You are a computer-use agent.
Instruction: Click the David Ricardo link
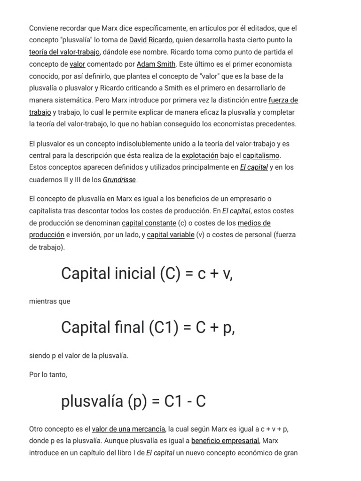[x=151, y=40]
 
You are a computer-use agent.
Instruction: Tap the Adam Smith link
[x=156, y=64]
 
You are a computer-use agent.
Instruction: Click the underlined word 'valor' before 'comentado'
[x=78, y=64]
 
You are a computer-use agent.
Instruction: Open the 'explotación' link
[x=200, y=155]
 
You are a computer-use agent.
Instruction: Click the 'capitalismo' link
[x=261, y=155]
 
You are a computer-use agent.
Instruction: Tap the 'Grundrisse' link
[x=119, y=179]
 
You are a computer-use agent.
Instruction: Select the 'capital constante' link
[x=149, y=223]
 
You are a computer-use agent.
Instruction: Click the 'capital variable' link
[x=171, y=235]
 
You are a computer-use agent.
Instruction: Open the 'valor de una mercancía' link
[x=128, y=429]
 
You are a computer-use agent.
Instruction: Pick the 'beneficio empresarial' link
[x=225, y=441]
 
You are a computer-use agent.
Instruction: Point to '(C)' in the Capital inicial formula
[x=170, y=273]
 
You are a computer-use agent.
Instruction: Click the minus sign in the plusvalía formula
[x=188, y=402]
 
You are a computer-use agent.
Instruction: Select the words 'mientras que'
[x=50, y=302]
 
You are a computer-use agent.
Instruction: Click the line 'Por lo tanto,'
[x=48, y=375]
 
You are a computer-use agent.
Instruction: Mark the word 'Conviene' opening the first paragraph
[x=44, y=28]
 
